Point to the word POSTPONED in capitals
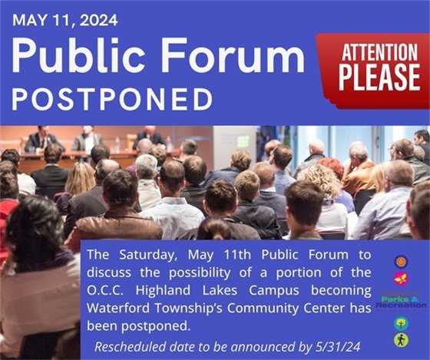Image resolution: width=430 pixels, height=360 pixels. point(112,99)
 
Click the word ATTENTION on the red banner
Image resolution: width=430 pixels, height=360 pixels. point(373,55)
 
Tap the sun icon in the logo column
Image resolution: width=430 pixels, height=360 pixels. point(400,262)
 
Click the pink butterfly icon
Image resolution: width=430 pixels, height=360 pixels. point(400,279)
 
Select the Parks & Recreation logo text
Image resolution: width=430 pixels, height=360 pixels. point(401,301)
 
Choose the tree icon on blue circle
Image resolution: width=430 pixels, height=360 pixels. point(400,323)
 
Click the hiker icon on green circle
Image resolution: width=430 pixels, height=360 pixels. point(400,339)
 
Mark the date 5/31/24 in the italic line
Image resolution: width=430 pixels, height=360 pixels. point(338,346)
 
